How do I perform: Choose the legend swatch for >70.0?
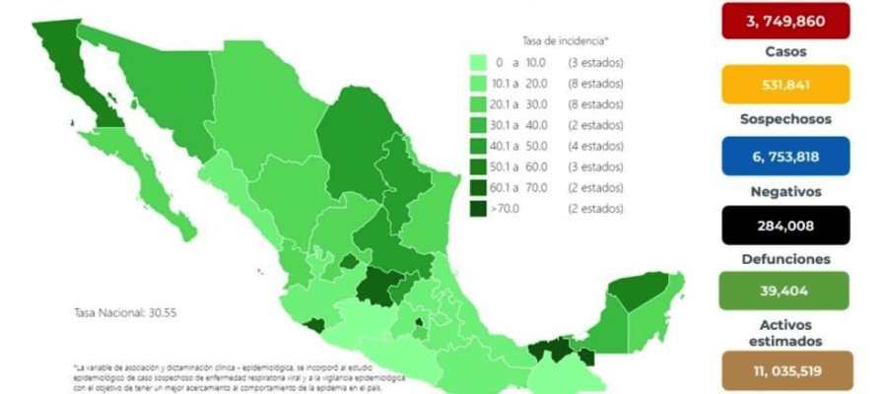pos(479,208)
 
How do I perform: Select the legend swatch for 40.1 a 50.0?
pos(479,146)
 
